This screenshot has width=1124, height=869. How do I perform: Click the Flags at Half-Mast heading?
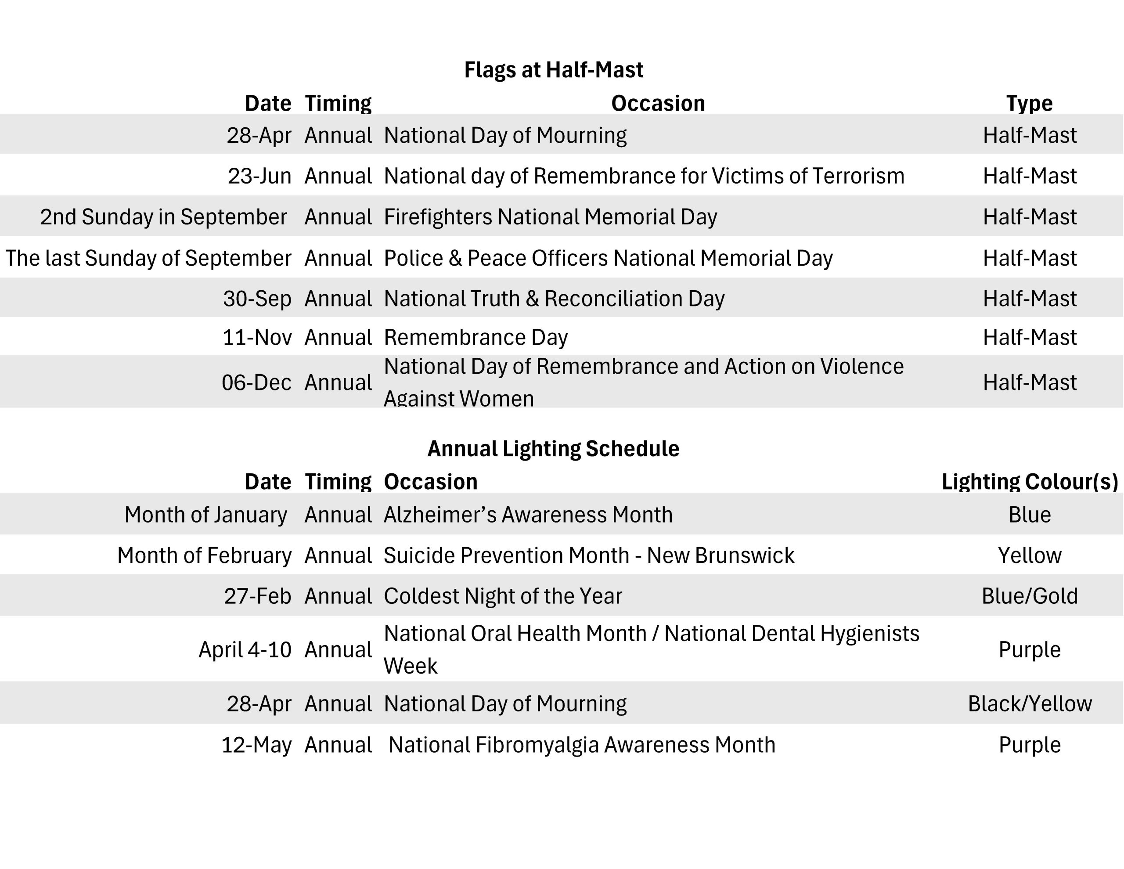click(553, 70)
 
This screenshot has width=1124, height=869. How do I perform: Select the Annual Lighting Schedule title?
click(553, 449)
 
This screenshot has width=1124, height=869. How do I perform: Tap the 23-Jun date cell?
click(259, 176)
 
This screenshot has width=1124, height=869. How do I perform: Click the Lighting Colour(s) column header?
click(1029, 482)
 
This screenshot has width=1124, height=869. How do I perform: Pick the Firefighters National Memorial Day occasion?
click(550, 217)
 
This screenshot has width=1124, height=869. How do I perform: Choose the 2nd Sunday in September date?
click(163, 217)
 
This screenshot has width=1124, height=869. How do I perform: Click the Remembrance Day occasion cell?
click(476, 338)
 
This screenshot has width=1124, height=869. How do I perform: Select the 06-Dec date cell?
click(256, 382)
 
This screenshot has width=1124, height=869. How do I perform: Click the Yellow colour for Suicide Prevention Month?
click(1029, 555)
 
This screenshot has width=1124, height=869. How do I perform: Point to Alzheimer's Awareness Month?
click(528, 515)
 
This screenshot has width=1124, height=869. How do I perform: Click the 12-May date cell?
click(256, 745)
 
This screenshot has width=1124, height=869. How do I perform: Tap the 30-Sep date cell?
click(257, 299)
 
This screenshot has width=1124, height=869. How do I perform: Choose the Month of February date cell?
click(204, 555)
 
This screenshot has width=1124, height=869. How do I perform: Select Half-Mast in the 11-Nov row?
click(1029, 338)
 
